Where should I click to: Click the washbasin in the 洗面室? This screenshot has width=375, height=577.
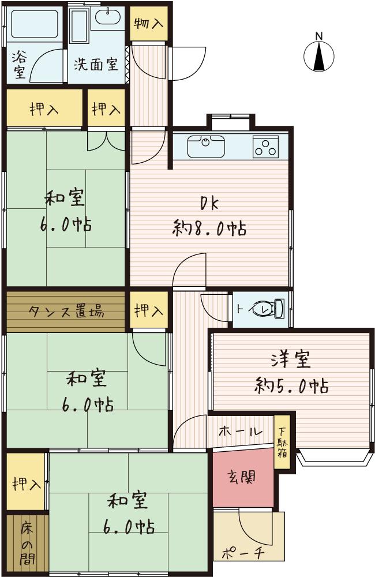[x=108, y=18]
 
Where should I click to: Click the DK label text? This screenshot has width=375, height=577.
[x=209, y=203]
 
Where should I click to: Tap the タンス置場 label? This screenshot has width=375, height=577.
[x=67, y=312]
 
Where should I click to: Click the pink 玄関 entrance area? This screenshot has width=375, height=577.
[x=241, y=478]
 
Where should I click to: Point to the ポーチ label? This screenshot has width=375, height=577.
[x=243, y=553]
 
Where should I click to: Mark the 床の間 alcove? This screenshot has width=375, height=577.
[x=27, y=544]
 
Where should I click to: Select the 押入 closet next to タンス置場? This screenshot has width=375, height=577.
[x=149, y=312]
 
